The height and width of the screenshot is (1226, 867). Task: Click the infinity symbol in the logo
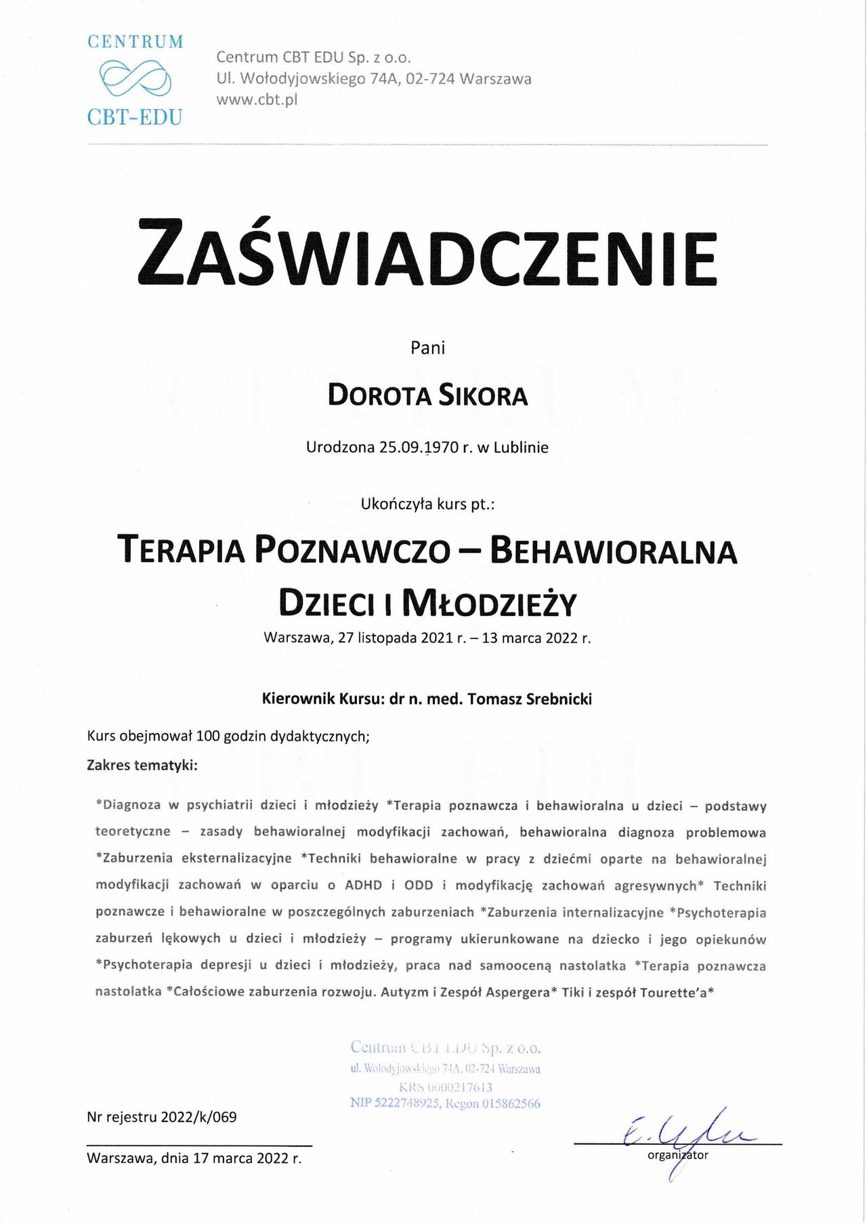135,79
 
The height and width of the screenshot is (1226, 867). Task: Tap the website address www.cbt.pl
257,100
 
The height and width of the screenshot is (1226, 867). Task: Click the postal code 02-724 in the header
430,79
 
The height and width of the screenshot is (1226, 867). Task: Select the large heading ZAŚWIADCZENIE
427,251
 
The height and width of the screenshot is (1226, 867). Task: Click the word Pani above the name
427,348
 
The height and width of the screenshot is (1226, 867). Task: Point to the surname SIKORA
482,396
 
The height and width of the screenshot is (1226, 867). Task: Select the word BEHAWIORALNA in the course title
612,550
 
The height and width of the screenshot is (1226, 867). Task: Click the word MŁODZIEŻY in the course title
489,603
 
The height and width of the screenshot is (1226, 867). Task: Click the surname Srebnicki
553,699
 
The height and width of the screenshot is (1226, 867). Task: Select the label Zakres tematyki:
142,766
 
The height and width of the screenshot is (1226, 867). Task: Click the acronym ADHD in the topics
363,885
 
